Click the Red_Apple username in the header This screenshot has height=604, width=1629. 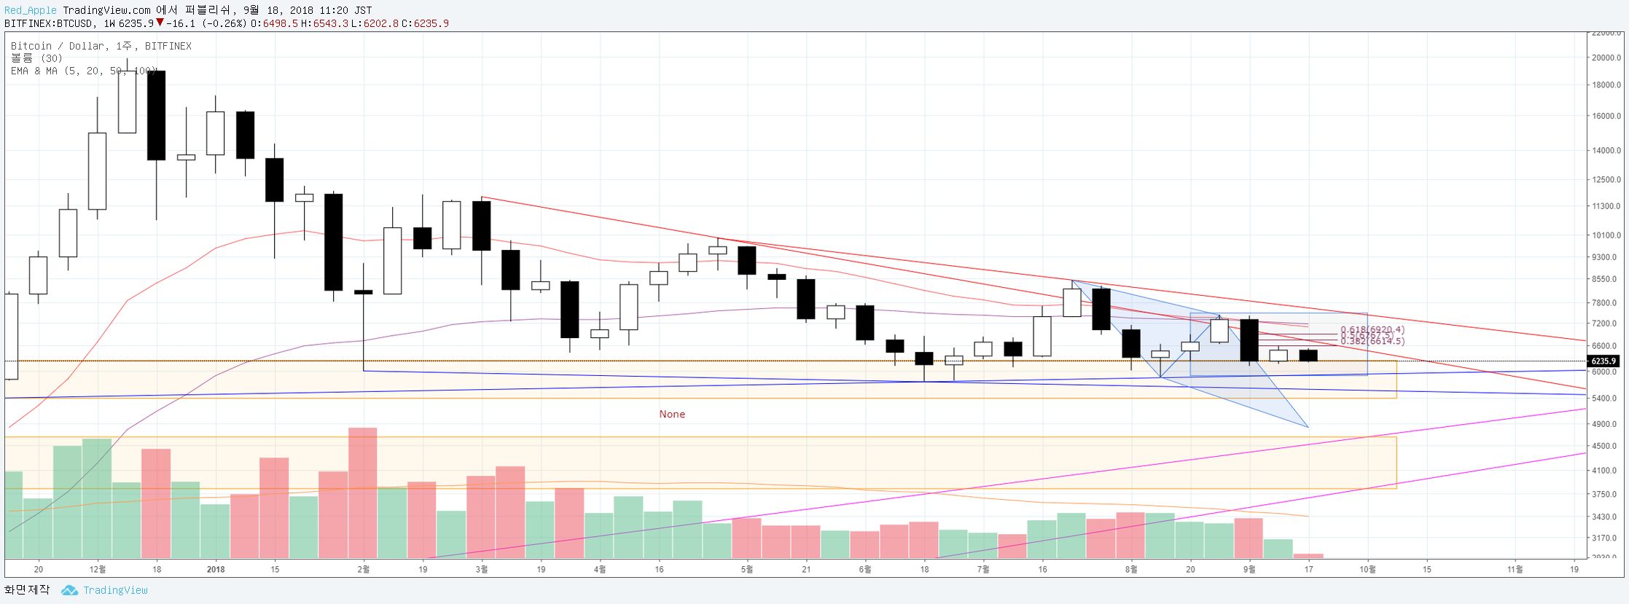tap(31, 10)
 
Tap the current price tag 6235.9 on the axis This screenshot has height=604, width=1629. tap(1603, 361)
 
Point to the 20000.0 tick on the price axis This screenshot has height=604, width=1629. tap(1606, 58)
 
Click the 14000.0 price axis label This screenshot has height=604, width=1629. tap(1606, 151)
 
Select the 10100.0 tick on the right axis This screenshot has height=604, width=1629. tap(1606, 235)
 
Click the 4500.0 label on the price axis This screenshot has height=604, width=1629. tap(1606, 446)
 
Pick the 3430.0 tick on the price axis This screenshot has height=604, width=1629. tap(1606, 517)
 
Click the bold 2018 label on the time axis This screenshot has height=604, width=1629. tap(216, 569)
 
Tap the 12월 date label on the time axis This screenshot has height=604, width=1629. tap(98, 569)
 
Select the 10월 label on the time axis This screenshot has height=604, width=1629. tap(1368, 569)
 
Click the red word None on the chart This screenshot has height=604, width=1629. tap(672, 414)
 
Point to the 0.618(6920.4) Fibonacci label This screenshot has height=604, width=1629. tap(1372, 330)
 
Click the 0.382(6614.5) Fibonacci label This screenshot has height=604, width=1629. tap(1372, 341)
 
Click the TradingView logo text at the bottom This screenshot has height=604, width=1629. tap(115, 590)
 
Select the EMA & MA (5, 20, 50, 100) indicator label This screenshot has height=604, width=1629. tap(84, 71)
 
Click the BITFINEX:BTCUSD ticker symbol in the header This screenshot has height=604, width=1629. tap(49, 23)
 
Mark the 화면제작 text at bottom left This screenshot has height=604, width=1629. tap(27, 589)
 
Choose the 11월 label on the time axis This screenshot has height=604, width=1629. tap(1515, 569)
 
